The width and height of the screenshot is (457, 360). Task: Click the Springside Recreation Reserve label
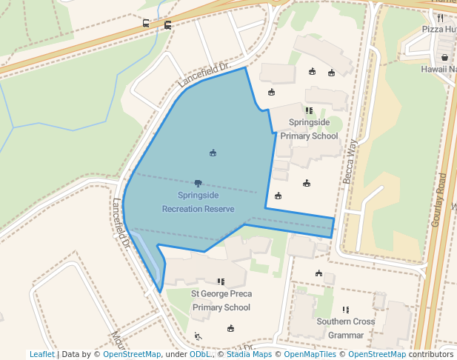(199, 202)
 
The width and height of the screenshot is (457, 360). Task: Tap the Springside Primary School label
(309, 129)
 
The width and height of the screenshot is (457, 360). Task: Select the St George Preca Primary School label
(221, 300)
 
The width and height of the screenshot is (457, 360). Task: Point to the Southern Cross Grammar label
(346, 328)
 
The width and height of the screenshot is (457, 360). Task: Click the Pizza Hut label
(439, 29)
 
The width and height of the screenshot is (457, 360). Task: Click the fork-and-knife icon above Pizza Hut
(440, 17)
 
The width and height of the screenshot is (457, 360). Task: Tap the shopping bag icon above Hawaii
(444, 57)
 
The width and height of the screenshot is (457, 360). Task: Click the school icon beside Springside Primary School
(309, 110)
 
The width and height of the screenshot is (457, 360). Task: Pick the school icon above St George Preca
(221, 281)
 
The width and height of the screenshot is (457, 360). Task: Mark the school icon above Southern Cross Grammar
(345, 310)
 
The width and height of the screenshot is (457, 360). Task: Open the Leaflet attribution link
(41, 354)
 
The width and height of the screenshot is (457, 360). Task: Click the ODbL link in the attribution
(199, 354)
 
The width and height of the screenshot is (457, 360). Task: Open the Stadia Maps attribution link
(249, 354)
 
